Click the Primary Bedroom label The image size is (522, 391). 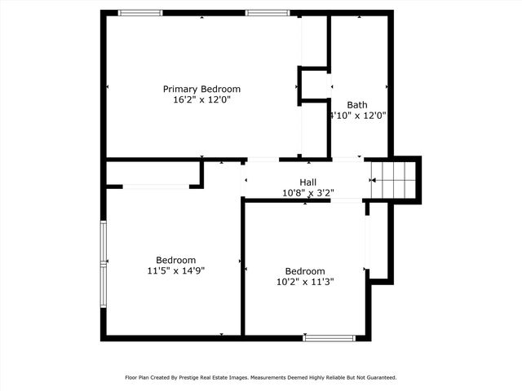tap(201, 89)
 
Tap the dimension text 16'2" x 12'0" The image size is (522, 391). tap(201, 100)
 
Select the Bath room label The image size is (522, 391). tap(357, 104)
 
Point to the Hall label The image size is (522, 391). tap(308, 182)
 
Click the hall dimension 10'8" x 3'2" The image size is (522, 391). tap(308, 193)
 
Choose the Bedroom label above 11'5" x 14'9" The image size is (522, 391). tap(175, 260)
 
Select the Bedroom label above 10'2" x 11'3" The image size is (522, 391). tap(304, 271)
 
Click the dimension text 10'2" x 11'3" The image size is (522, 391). tap(304, 282)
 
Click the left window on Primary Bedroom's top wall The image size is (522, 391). tap(139, 12)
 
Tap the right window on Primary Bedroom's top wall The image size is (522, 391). tap(268, 12)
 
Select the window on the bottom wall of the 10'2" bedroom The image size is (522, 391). tap(329, 337)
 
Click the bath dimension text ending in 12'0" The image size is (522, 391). tap(358, 116)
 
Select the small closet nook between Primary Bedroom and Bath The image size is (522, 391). tap(313, 85)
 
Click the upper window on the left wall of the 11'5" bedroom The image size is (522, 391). tap(104, 241)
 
